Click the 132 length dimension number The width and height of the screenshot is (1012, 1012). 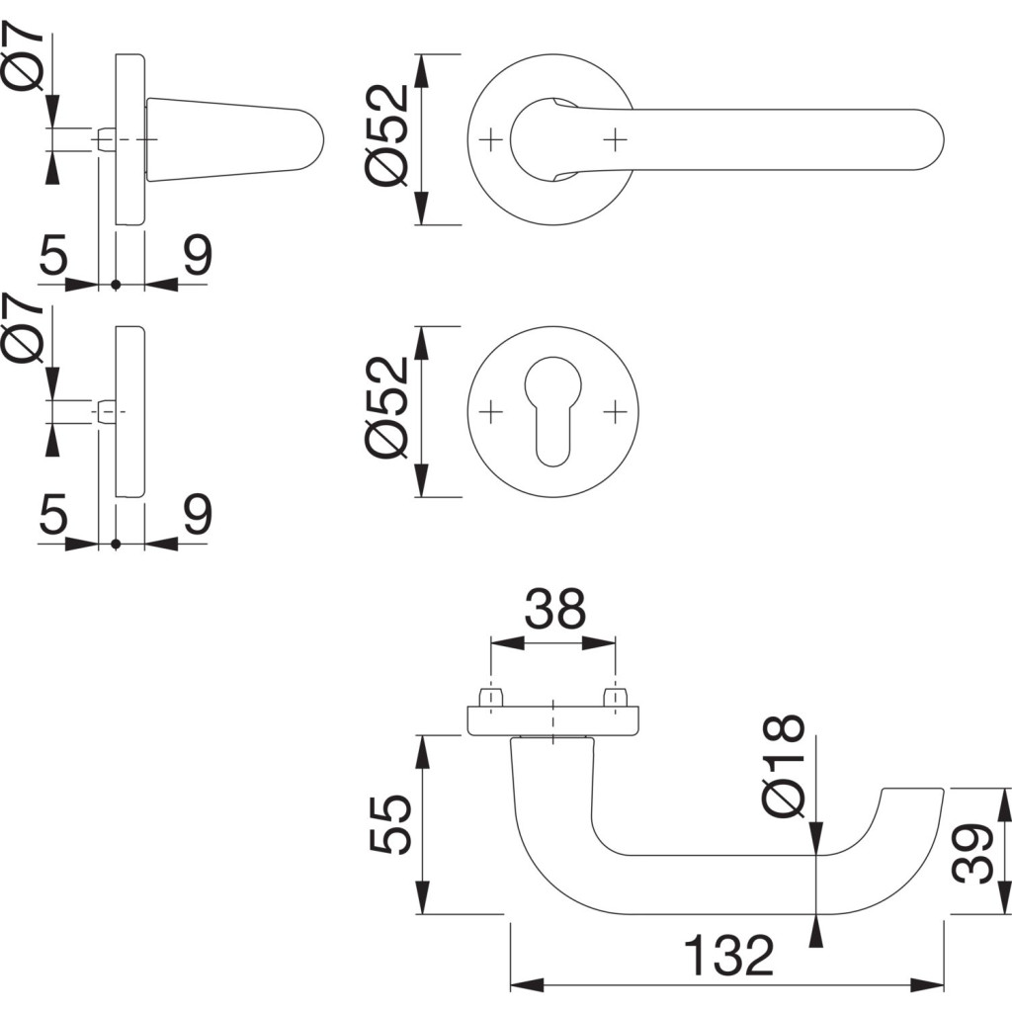pos(728,956)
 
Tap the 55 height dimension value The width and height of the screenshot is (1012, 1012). pos(389,825)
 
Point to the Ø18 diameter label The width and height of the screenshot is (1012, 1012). pos(786,766)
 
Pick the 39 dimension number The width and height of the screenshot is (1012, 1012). pos(975,853)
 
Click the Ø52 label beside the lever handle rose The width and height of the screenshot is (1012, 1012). pos(386,133)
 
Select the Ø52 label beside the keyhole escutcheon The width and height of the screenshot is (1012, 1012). pos(386,406)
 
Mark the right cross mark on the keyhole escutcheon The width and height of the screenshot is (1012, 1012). pos(615,409)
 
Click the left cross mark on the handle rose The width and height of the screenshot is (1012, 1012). pos(491,140)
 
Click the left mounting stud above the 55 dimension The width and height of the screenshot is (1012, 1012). pos(489,698)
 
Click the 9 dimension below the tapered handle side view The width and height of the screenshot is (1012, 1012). pos(198,258)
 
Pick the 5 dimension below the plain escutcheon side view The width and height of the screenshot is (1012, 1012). pos(54,516)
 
